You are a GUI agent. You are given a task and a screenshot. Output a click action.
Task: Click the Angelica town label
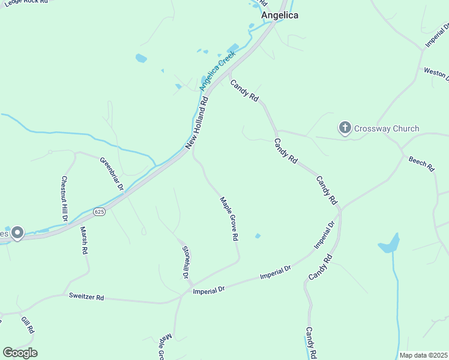pyautogui.click(x=279, y=16)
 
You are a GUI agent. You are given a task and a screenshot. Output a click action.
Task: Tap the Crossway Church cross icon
pyautogui.click(x=345, y=128)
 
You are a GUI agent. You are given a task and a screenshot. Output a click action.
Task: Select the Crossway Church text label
pyautogui.click(x=386, y=128)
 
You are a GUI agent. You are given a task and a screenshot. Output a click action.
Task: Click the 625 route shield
pyautogui.click(x=100, y=212)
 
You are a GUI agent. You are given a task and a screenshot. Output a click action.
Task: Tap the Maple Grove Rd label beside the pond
pyautogui.click(x=229, y=219)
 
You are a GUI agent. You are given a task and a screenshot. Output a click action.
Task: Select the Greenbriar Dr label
pyautogui.click(x=112, y=174)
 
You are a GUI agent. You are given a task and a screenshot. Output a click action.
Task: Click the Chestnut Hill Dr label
pyautogui.click(x=64, y=198)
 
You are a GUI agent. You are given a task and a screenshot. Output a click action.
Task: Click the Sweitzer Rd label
pyautogui.click(x=86, y=297)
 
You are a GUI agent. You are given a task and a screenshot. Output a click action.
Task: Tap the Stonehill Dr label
pyautogui.click(x=185, y=262)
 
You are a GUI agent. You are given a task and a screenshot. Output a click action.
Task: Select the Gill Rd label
pyautogui.click(x=28, y=325)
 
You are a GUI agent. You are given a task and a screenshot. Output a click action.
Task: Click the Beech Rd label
pyautogui.click(x=421, y=163)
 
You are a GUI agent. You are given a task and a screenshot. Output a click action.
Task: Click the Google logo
pyautogui.click(x=20, y=353)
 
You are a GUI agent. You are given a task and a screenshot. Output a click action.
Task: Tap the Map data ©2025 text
pyautogui.click(x=423, y=355)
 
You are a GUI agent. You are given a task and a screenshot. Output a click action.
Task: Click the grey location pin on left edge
pyautogui.click(x=17, y=233)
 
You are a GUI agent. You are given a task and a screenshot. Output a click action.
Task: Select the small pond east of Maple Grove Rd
pyautogui.click(x=258, y=236)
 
